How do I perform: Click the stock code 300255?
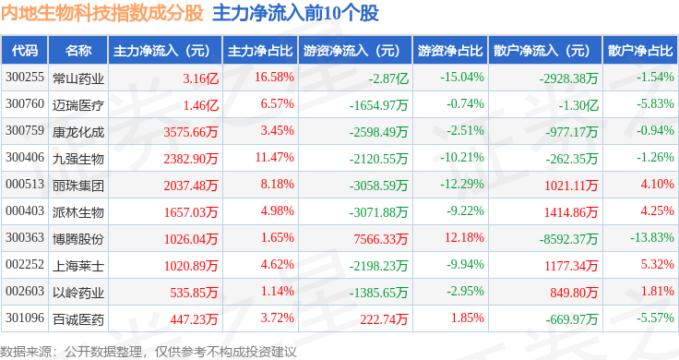(25, 77)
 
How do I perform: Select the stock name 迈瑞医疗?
(77, 104)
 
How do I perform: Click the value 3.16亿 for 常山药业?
(200, 78)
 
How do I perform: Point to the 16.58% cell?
(273, 77)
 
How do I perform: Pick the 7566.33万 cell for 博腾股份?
(381, 239)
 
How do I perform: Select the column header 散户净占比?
(637, 50)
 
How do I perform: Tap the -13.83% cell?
(650, 238)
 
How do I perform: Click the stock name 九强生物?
(77, 158)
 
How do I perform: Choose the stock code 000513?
(25, 184)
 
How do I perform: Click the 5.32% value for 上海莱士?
(656, 266)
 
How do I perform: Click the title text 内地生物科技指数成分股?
(101, 14)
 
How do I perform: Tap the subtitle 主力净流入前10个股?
(295, 14)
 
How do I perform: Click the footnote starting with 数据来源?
(148, 351)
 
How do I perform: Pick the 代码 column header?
(25, 50)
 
